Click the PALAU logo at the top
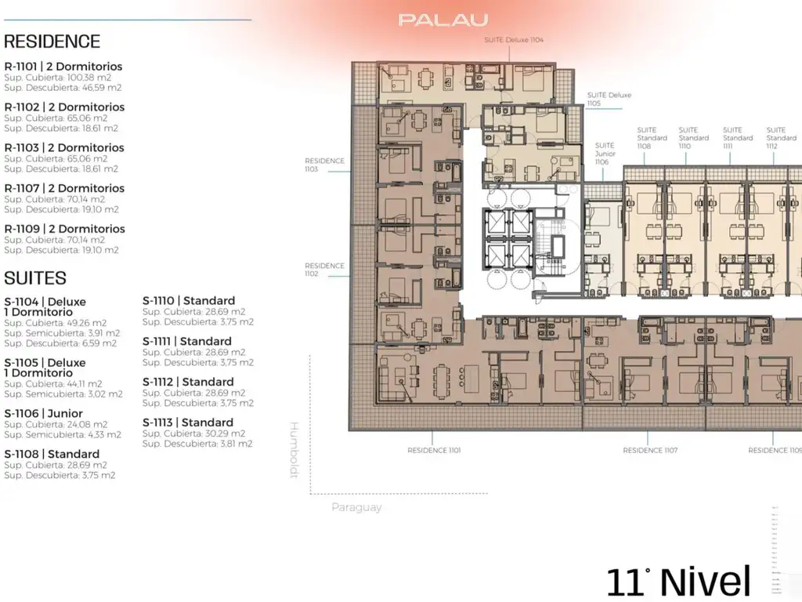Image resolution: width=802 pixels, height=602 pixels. (443, 20)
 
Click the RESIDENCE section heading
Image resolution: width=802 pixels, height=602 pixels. (52, 42)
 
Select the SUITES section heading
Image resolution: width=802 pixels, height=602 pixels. (35, 277)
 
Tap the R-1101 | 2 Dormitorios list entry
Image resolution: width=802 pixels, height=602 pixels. (63, 67)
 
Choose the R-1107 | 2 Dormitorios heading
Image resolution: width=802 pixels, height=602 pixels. (64, 188)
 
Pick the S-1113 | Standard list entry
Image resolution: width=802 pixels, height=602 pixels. (188, 422)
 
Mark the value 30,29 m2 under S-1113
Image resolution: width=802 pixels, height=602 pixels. (223, 433)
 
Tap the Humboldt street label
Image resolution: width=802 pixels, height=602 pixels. (295, 450)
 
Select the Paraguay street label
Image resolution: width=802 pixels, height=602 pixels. (356, 507)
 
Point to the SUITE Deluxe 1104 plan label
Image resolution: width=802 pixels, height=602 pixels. (514, 39)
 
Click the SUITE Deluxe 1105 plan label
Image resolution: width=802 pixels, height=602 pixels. (609, 99)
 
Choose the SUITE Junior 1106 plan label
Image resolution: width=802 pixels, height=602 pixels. (605, 154)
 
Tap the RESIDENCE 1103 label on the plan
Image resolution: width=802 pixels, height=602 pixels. (324, 165)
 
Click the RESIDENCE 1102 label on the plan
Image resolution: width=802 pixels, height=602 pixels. (324, 270)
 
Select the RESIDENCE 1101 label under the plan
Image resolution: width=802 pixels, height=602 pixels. (434, 451)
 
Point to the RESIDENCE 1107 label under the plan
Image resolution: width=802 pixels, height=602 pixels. (650, 451)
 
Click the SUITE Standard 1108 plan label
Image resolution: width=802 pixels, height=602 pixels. (652, 138)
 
